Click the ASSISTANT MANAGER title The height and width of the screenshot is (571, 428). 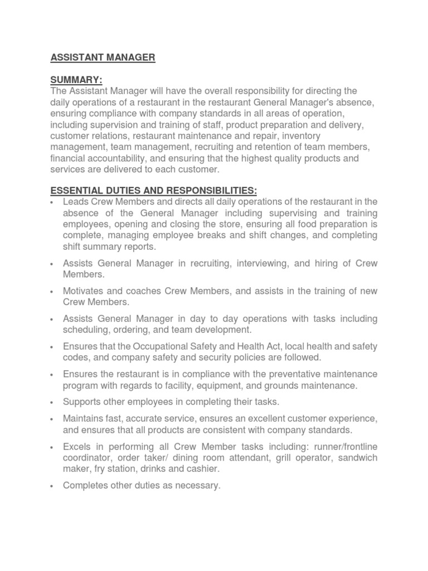pos(103,57)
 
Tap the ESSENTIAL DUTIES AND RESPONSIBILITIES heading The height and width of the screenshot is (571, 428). pos(154,190)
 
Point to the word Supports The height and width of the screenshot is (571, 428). pos(81,401)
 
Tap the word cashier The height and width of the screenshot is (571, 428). pos(203,469)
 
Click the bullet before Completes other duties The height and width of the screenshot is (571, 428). pos(51,486)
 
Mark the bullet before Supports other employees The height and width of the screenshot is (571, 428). pos(51,402)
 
